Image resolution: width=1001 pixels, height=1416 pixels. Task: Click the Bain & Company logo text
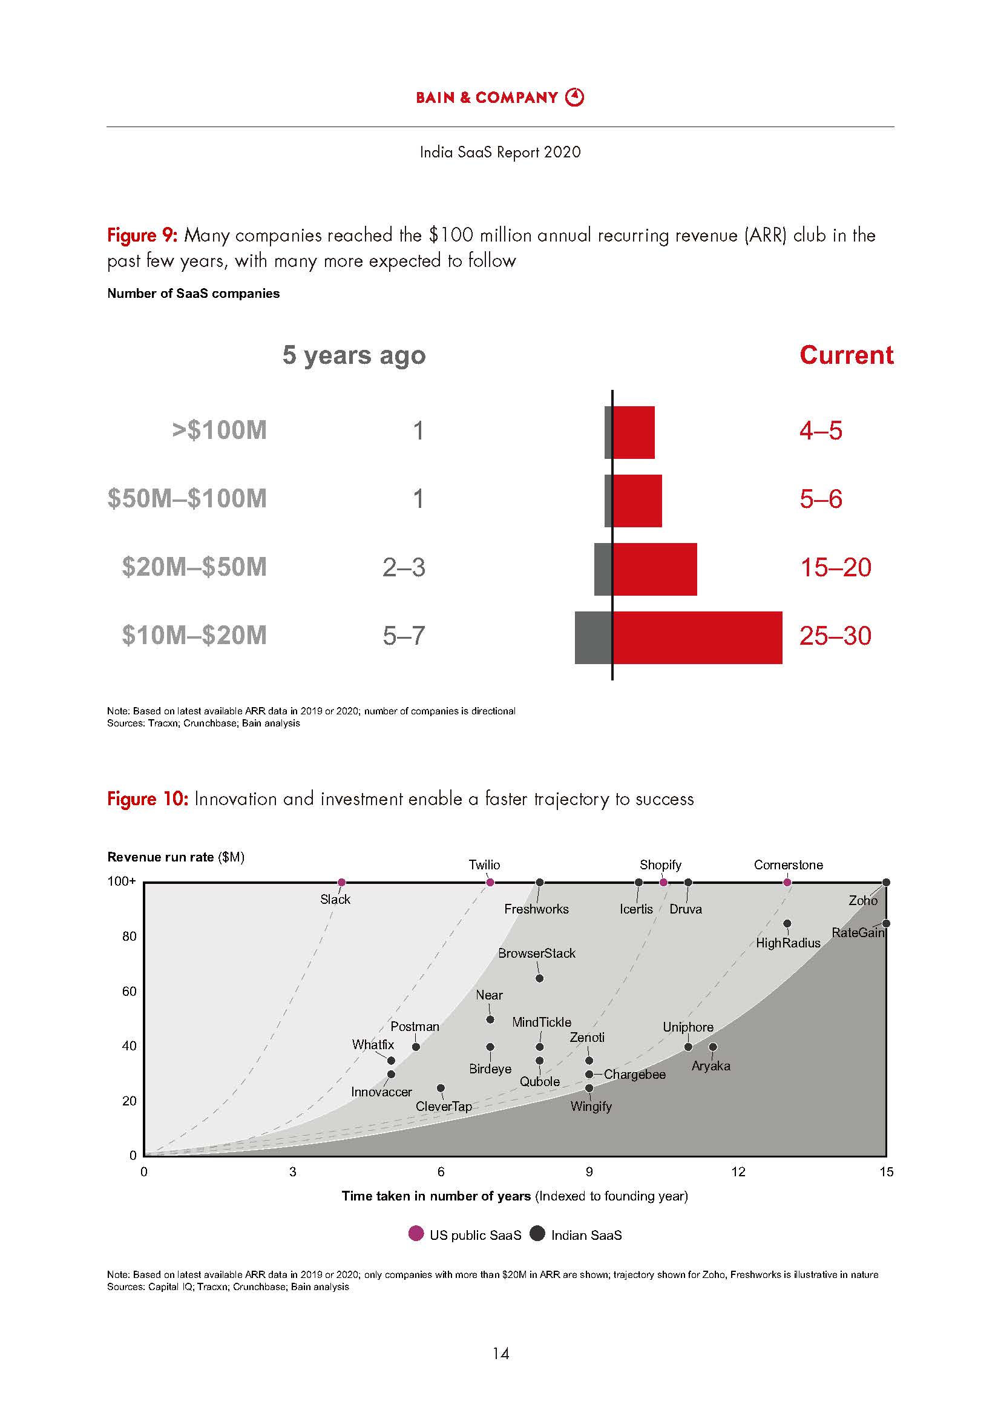pos(487,97)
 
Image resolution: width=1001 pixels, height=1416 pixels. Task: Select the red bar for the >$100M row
pos(634,432)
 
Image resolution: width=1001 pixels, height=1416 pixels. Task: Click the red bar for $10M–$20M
pos(697,637)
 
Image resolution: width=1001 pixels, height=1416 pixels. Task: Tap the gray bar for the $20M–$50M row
pos(603,569)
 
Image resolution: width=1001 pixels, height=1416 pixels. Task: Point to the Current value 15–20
pos(835,567)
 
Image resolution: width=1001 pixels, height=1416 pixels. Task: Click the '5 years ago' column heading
pos(354,355)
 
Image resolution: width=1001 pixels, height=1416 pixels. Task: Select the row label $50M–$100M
pos(187,498)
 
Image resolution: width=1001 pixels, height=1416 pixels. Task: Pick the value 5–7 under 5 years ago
pos(404,636)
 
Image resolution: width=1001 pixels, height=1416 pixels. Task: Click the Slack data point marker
pos(342,883)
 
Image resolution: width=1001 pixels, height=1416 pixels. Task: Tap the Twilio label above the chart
pos(485,864)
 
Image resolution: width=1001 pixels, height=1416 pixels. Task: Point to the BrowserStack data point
pos(540,979)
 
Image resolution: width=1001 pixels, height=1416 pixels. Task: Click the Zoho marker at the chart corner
pos(887,883)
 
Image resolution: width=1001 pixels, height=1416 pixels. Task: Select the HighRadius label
pos(788,943)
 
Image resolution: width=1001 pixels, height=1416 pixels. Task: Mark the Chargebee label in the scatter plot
pos(635,1075)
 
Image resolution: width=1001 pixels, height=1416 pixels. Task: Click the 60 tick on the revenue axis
pos(130,992)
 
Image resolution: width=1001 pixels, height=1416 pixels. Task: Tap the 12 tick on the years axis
pos(738,1172)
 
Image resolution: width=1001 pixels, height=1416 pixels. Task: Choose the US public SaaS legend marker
pos(416,1233)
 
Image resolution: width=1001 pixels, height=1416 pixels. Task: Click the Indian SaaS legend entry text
pos(586,1236)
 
